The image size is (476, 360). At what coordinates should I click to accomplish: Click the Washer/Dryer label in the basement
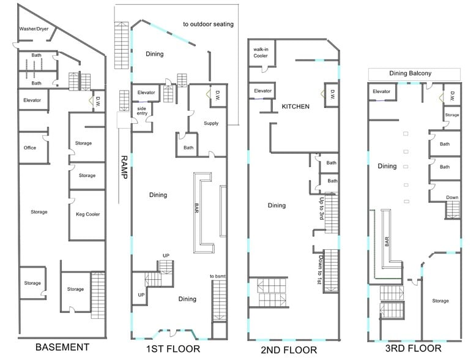tap(34, 29)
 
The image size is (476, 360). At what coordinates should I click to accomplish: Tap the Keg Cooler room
tap(87, 214)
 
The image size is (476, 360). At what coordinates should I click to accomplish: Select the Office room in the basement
tap(30, 148)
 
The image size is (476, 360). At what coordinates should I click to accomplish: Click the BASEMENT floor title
tap(62, 347)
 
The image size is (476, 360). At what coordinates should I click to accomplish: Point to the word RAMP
tap(124, 167)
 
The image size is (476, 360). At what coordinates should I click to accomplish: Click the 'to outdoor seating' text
tap(208, 24)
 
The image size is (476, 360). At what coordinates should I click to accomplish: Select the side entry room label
tap(142, 111)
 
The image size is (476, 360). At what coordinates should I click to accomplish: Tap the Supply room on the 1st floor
tap(211, 123)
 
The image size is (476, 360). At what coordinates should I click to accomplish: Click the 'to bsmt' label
tap(218, 276)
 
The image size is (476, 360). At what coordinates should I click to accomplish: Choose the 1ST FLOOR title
tap(173, 349)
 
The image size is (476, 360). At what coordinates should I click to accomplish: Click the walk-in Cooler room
tap(261, 52)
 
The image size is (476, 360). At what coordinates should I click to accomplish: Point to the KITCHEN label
tap(296, 107)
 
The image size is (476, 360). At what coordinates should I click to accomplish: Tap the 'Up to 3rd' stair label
tap(321, 209)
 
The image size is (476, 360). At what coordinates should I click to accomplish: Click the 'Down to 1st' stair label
tap(321, 269)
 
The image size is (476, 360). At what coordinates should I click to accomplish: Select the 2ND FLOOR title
tap(289, 350)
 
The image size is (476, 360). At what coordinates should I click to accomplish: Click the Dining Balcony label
tap(410, 73)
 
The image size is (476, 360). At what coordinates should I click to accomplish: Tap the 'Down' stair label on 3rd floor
tap(452, 197)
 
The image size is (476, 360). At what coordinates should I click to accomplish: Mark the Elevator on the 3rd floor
tap(381, 91)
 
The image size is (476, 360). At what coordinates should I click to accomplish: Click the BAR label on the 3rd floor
tap(387, 241)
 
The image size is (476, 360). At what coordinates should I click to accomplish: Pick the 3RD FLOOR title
tap(413, 348)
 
